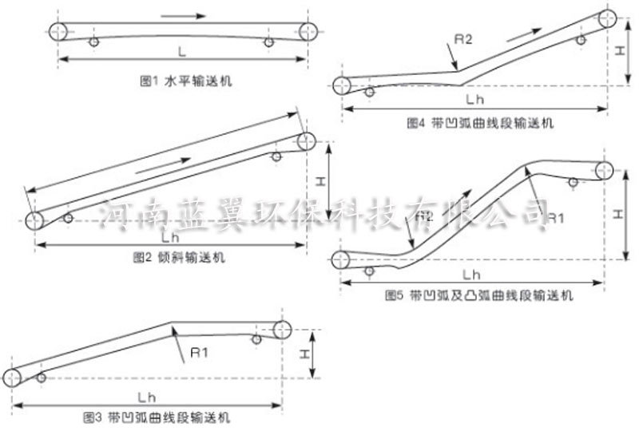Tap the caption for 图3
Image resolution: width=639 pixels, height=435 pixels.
tap(157, 417)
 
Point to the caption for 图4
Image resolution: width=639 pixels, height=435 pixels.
tap(479, 124)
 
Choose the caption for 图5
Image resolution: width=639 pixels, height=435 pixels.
tap(479, 295)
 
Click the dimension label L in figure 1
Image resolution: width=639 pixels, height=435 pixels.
tap(182, 52)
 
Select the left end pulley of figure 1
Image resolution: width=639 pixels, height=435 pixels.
tap(58, 32)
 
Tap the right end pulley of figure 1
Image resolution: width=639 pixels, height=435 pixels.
tap(308, 32)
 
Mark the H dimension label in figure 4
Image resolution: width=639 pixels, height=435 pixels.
tap(619, 50)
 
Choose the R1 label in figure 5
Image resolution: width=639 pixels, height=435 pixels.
tap(557, 216)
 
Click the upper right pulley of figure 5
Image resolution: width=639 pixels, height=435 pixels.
tap(604, 170)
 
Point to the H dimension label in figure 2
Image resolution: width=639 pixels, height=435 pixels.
tap(319, 180)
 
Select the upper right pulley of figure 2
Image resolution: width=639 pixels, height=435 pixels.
tap(307, 141)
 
